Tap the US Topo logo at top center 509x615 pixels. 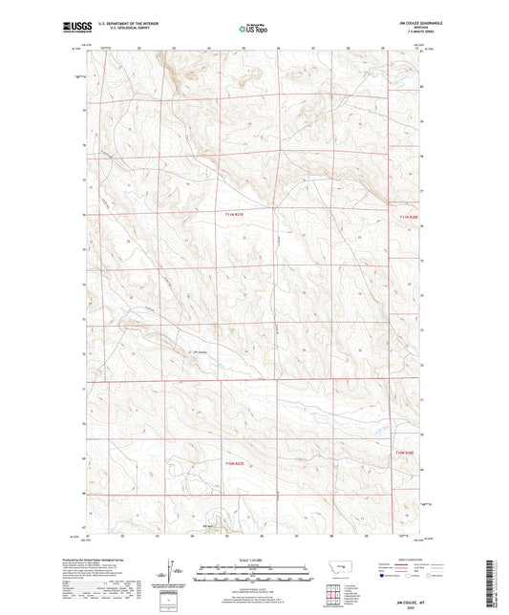pyautogui.click(x=253, y=30)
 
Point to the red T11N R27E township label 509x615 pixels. pyautogui.click(x=235, y=216)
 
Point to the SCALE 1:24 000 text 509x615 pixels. pyautogui.click(x=253, y=560)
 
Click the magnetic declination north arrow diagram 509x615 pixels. pyautogui.click(x=177, y=576)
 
